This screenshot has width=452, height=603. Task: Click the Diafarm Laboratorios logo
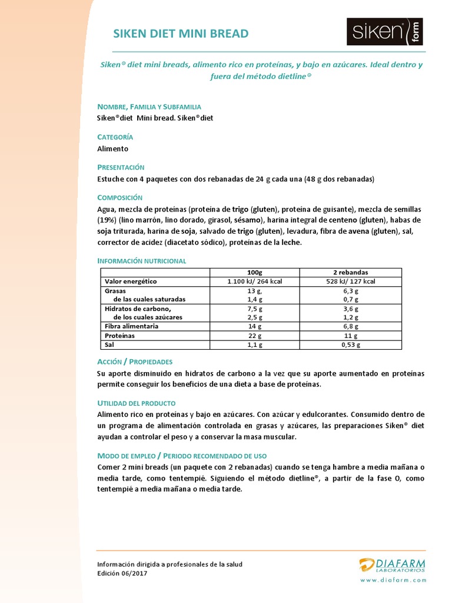pos(393,565)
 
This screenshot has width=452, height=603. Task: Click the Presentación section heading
pos(121,167)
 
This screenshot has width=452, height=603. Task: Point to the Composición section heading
pos(120,197)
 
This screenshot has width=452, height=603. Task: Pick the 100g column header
pos(255,273)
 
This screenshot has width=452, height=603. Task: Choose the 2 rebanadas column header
pos(350,273)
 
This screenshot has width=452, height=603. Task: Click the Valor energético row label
pos(131,281)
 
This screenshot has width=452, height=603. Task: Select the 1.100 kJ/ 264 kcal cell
pos(255,281)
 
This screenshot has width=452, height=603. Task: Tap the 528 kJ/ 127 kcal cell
pos(350,281)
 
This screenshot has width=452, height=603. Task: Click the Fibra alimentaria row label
pos(131,326)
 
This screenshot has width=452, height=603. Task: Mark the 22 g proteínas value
pos(255,336)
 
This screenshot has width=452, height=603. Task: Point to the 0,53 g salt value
pos(350,344)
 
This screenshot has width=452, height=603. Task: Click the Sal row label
pos(109,344)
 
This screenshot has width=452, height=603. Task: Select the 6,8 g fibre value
pos(350,326)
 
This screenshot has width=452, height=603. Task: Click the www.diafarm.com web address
pos(393,580)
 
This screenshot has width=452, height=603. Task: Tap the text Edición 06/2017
pos(122,573)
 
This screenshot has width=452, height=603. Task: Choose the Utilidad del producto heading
pos(137,403)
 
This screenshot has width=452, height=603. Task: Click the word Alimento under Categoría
pos(113,149)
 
